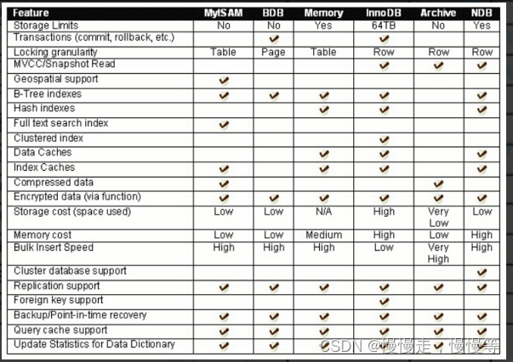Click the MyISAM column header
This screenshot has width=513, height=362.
pyautogui.click(x=224, y=14)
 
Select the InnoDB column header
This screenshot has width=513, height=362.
pyautogui.click(x=384, y=14)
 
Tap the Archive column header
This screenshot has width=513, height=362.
pyautogui.click(x=439, y=14)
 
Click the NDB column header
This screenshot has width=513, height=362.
pyautogui.click(x=482, y=14)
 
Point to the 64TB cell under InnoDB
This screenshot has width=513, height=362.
pyautogui.click(x=384, y=25)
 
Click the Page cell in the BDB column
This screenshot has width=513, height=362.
pyautogui.click(x=274, y=52)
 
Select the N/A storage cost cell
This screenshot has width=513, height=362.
pyautogui.click(x=323, y=212)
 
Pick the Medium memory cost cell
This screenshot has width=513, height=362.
pyautogui.click(x=323, y=235)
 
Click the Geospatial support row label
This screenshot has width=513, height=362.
pyautogui.click(x=56, y=79)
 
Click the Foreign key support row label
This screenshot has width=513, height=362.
pyautogui.click(x=59, y=300)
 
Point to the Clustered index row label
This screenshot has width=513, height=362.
pyautogui.click(x=48, y=138)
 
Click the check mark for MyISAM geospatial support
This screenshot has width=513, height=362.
pyautogui.click(x=224, y=80)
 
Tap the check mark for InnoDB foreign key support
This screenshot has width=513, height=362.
pyautogui.click(x=384, y=301)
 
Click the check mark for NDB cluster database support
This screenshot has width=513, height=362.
pyautogui.click(x=482, y=272)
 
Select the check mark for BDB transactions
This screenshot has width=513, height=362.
pyautogui.click(x=274, y=39)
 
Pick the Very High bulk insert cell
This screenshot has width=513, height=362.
pyautogui.click(x=439, y=253)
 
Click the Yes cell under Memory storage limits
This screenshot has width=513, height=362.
pyautogui.click(x=323, y=25)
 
